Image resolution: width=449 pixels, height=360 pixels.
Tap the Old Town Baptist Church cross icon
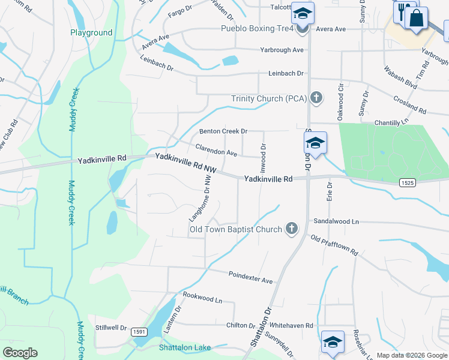(291, 229)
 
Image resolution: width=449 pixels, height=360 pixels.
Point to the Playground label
(91, 32)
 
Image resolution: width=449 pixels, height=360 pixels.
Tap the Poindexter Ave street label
(250, 277)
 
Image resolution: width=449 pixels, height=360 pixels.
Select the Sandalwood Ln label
(336, 221)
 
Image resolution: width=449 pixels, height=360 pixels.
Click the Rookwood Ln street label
(202, 296)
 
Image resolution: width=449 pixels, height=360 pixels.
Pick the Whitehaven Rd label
(292, 325)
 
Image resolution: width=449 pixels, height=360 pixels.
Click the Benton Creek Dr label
(223, 131)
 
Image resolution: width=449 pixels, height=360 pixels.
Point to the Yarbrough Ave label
(282, 50)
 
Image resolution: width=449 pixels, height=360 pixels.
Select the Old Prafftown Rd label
(334, 245)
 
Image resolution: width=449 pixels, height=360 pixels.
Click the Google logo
(20, 353)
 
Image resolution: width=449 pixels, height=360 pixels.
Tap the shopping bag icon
(416, 17)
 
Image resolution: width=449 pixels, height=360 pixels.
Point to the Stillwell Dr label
(111, 328)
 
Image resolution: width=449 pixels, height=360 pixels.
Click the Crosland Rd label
(409, 106)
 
